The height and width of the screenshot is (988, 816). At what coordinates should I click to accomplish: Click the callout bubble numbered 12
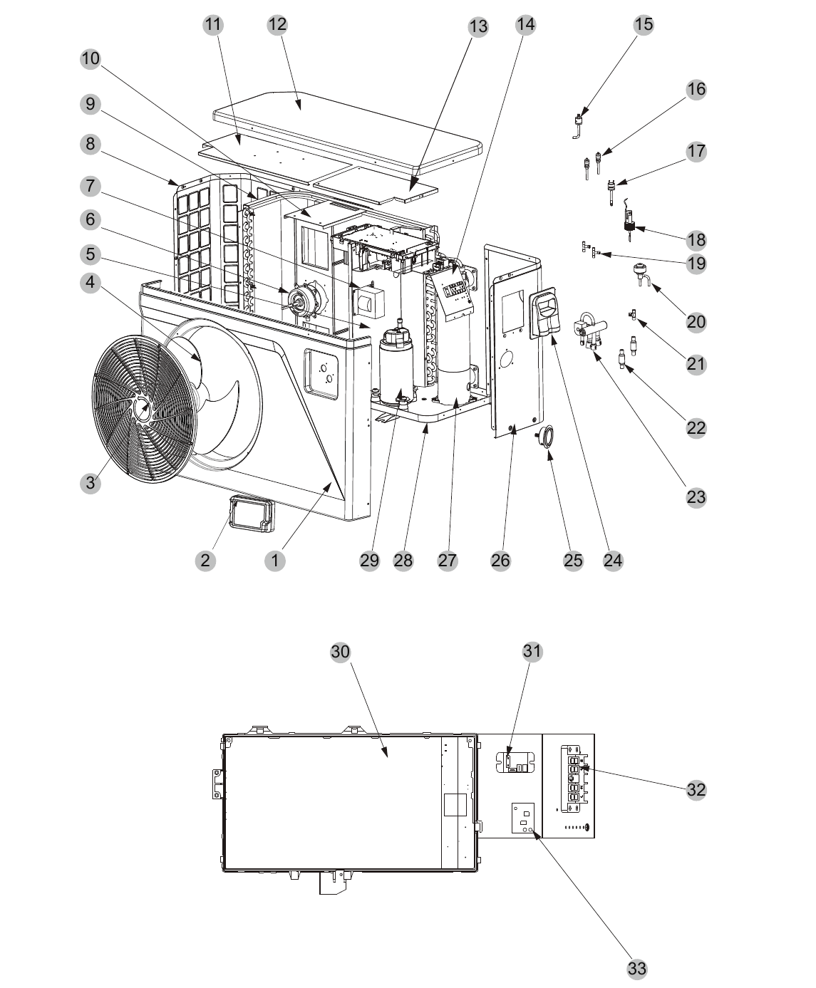277,24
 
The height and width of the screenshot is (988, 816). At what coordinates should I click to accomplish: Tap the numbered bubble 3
91,483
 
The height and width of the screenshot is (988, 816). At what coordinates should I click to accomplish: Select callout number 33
637,968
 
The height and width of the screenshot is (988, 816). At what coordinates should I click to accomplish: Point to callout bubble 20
696,322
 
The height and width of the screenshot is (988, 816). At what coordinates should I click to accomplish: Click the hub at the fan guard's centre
143,407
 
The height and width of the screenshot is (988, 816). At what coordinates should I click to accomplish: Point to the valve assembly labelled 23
590,331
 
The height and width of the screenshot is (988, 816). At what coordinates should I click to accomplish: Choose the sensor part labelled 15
579,125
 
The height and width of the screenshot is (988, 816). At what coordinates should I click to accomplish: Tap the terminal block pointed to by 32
574,779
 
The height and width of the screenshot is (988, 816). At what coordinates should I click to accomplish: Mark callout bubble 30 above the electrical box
340,652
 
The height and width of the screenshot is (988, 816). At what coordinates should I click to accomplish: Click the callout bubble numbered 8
91,144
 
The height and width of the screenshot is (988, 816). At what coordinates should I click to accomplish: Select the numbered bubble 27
448,560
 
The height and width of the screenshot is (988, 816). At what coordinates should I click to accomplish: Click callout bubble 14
525,24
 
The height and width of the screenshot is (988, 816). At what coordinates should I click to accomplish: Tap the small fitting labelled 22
622,358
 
